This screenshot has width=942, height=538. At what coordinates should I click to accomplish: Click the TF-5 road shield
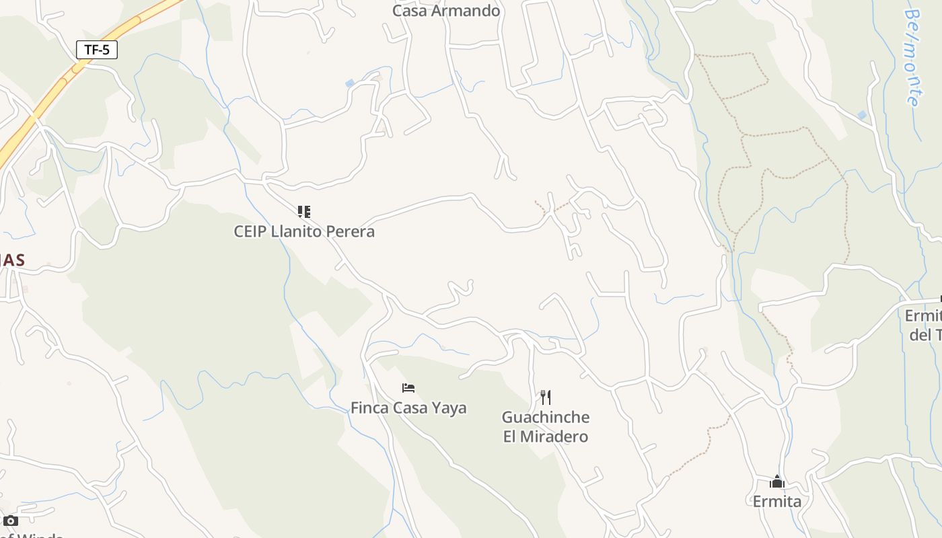tap(97, 50)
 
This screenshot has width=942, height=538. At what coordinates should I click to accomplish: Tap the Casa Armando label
tap(446, 11)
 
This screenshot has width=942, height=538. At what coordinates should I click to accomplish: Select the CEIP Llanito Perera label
tap(304, 231)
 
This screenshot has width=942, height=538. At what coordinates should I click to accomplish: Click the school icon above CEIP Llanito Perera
tap(304, 213)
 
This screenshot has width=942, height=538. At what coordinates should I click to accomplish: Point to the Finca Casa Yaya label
tap(408, 408)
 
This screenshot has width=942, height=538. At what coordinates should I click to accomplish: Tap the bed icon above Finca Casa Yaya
tap(408, 388)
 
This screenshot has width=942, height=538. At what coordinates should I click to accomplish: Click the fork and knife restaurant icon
tap(546, 397)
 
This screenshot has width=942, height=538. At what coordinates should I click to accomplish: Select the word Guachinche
tap(546, 417)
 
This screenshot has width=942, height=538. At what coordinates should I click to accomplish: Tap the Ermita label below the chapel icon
tap(776, 501)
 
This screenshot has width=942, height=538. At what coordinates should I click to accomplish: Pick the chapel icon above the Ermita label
tap(777, 482)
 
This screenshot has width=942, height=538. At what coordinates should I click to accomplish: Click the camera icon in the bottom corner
tap(10, 521)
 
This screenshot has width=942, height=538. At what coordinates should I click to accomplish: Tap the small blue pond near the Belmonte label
tap(862, 116)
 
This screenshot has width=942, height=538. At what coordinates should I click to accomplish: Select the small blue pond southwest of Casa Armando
tap(350, 83)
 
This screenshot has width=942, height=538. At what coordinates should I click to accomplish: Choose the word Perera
tap(351, 231)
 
